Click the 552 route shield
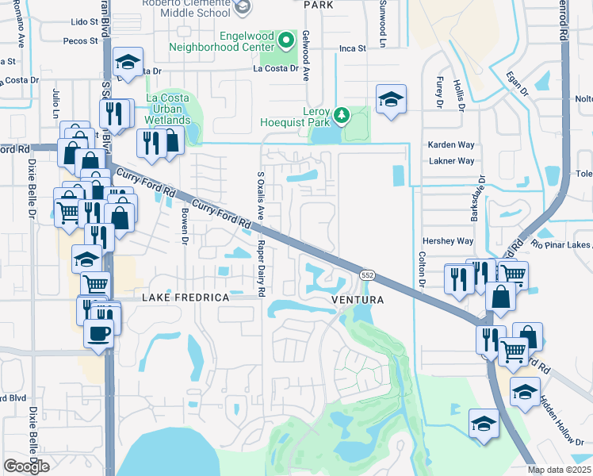pyautogui.click(x=367, y=274)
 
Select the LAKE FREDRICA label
pyautogui.click(x=186, y=297)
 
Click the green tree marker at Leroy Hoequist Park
pyautogui.click(x=342, y=116)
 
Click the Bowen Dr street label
pyautogui.click(x=184, y=225)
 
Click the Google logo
pyautogui.click(x=26, y=466)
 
